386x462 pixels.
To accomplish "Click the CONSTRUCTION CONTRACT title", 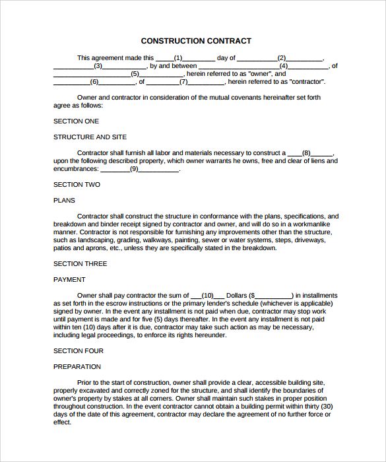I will point(196,41).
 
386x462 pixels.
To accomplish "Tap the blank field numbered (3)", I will point(100,66).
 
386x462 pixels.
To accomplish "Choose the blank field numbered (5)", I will point(135,74).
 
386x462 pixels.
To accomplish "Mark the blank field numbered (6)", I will point(94,82).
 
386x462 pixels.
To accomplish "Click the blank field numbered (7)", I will point(185,82).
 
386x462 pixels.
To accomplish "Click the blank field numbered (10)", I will point(208,296).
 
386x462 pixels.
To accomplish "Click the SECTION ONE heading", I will point(76,121).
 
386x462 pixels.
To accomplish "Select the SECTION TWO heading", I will point(77,185).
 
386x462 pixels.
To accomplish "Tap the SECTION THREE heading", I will point(80,264).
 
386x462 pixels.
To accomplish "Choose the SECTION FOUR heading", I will point(78,351).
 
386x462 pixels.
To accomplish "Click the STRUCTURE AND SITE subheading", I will point(90,137).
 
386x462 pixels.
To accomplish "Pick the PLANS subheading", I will point(64,201).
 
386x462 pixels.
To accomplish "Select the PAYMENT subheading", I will point(69,280).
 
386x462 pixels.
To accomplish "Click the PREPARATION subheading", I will point(77,367).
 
